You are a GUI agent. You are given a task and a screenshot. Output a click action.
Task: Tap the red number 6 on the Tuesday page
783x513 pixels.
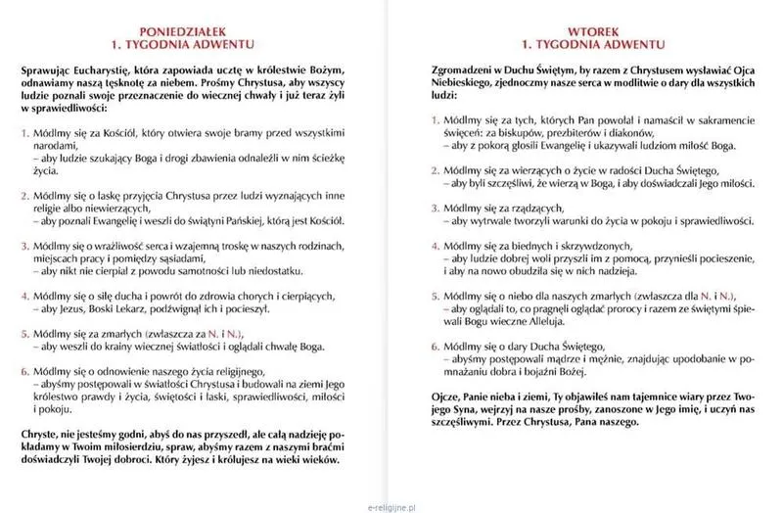436,346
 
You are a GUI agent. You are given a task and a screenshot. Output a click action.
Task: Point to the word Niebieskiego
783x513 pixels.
465,88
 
